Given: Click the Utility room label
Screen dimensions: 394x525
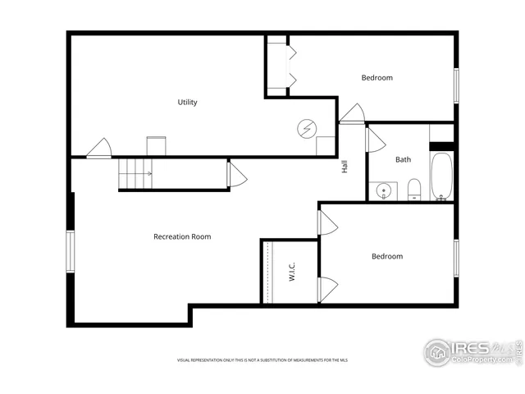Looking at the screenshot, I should (187, 103).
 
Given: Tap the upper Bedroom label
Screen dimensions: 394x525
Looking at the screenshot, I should (377, 78).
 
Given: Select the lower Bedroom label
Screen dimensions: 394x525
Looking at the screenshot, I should (387, 256).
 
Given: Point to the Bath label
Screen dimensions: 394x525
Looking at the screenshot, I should (404, 160).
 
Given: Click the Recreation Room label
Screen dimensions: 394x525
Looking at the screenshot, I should (182, 237).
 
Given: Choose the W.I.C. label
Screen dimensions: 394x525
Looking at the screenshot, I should (291, 273).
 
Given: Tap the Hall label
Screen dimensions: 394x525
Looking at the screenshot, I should (345, 166).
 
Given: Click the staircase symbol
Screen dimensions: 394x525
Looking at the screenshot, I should (136, 174).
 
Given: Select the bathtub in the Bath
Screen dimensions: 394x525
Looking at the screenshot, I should (441, 176).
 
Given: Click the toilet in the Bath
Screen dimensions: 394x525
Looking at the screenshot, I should (414, 190).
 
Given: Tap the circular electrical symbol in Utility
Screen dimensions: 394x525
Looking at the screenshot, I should (306, 128).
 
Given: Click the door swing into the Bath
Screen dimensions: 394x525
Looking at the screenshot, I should (376, 140).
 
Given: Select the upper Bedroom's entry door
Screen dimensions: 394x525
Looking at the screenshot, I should (352, 113).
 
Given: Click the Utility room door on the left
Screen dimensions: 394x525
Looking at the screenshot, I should (99, 148).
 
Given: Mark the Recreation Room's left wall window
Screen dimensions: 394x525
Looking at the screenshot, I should (71, 251).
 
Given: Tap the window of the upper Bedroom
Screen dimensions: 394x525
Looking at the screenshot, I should (455, 85).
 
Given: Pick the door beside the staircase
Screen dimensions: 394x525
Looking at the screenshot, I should (236, 175).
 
